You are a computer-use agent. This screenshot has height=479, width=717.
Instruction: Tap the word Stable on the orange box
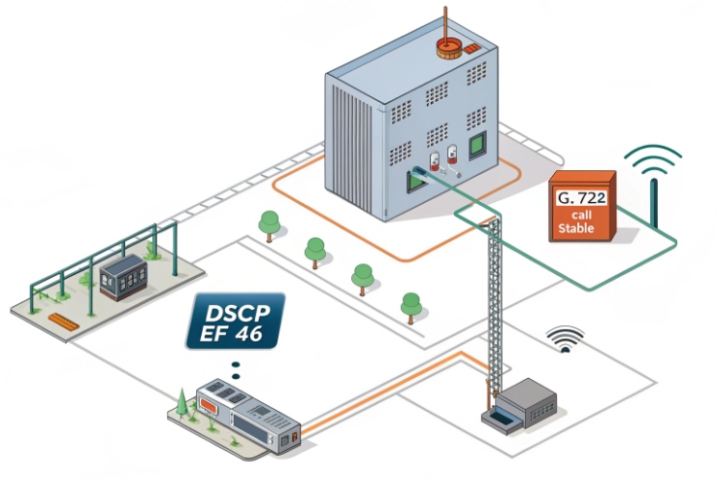[577, 229]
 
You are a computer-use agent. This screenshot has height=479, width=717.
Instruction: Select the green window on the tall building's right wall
[476, 147]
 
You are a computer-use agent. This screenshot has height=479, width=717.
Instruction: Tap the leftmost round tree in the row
[270, 223]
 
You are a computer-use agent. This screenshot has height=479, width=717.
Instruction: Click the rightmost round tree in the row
[412, 304]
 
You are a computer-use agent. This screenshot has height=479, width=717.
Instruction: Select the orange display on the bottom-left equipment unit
[211, 397]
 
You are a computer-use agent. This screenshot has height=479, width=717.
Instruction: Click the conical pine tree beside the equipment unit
[181, 402]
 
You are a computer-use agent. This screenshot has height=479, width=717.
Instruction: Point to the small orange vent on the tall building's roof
[471, 48]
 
